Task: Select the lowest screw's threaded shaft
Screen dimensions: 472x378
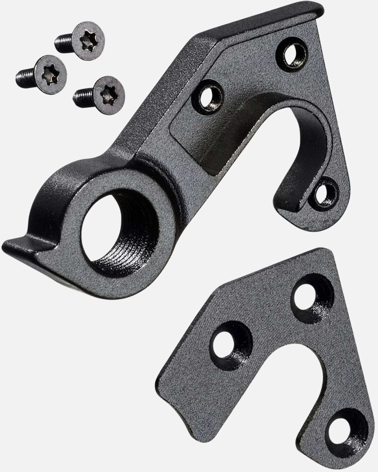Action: tap(81, 94)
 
